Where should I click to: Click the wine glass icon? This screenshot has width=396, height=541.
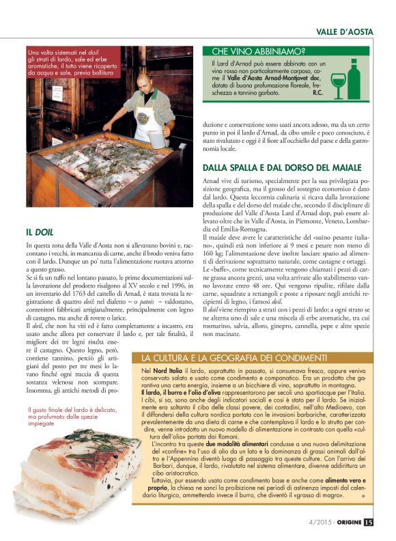[338, 85]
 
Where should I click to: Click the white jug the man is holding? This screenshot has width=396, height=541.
[156, 139]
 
